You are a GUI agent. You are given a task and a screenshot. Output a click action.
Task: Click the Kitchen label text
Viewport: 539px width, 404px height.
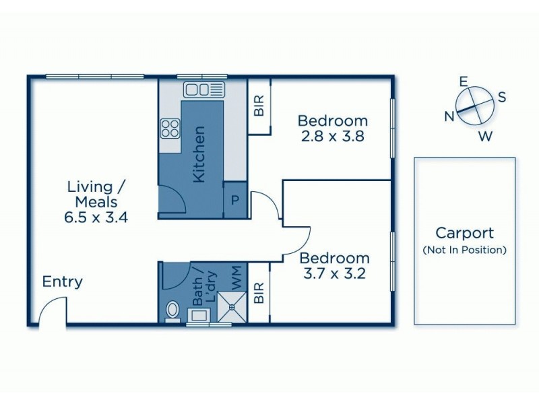pos(199,154)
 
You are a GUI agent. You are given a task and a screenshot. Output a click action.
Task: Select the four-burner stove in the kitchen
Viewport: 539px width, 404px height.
pos(170,128)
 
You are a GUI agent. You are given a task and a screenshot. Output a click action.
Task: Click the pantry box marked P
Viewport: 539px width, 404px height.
pos(234,200)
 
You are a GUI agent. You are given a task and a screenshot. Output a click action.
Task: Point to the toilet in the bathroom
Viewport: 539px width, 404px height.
pos(172,310)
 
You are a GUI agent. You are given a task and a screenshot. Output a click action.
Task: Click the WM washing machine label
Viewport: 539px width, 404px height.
pos(235,275)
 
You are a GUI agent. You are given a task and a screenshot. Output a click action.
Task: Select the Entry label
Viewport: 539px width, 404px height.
pos(63,281)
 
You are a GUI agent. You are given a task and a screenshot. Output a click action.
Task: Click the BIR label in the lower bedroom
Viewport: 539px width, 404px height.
pos(259,293)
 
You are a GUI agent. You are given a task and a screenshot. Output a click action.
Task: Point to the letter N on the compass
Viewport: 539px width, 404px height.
pos(449,116)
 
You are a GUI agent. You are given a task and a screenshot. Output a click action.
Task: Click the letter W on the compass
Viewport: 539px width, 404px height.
pos(484,137)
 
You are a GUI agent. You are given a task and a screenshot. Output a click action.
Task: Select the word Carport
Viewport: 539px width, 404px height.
pos(464,234)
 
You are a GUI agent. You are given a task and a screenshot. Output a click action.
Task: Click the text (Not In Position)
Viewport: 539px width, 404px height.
pos(464,250)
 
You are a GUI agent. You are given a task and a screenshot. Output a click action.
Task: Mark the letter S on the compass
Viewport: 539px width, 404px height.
pos(502,97)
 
